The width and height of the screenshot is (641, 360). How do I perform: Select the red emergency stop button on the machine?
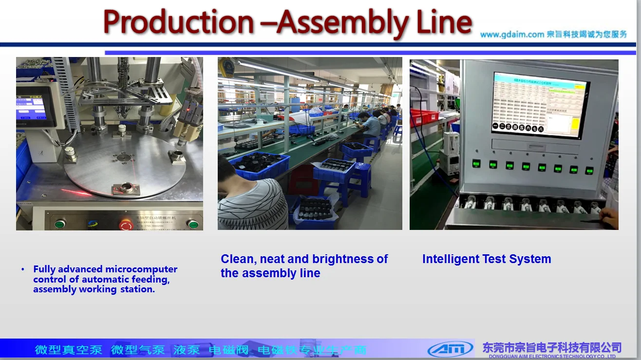pyautogui.click(x=126, y=225)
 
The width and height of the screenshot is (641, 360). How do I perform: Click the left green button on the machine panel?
pyautogui.click(x=59, y=224)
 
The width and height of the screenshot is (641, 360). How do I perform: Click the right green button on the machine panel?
pyautogui.click(x=193, y=224)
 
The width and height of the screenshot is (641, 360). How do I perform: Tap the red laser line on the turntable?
pyautogui.click(x=78, y=191)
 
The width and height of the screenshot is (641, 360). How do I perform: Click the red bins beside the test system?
pyautogui.click(x=424, y=116)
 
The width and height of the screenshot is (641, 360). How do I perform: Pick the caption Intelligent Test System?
pyautogui.click(x=486, y=259)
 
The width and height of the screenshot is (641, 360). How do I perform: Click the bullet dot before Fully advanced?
pyautogui.click(x=22, y=269)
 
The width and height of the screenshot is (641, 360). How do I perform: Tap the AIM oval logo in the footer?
pyautogui.click(x=450, y=349)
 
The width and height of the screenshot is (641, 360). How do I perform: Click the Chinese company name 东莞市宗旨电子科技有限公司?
pyautogui.click(x=552, y=347)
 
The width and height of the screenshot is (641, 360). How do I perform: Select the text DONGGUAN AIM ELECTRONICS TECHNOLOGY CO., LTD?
pyautogui.click(x=552, y=357)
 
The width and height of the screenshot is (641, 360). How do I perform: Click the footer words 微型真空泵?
pyautogui.click(x=68, y=350)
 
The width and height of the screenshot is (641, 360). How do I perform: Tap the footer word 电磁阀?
pyautogui.click(x=228, y=350)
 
